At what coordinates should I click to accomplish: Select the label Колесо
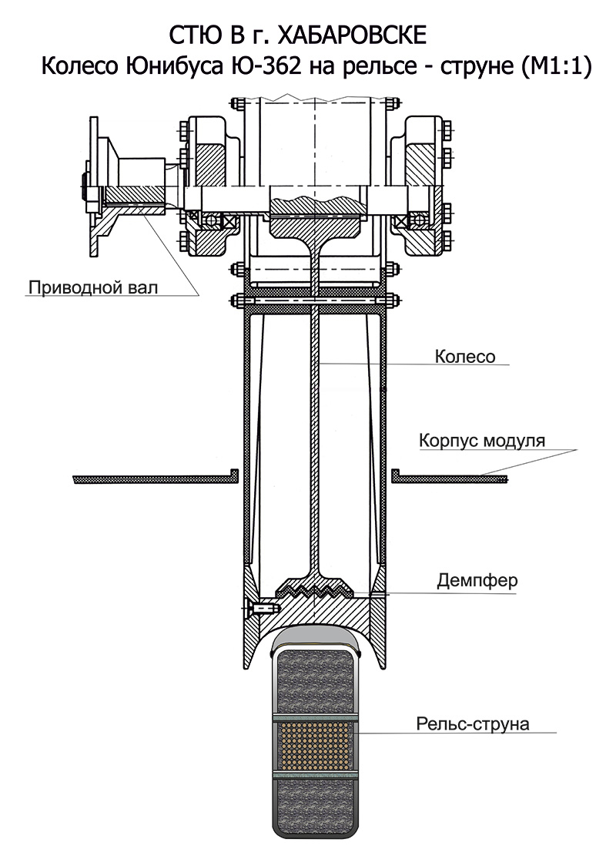(x=464, y=357)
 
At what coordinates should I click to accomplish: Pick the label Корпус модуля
(x=482, y=441)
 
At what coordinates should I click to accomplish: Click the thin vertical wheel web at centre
(x=315, y=424)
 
